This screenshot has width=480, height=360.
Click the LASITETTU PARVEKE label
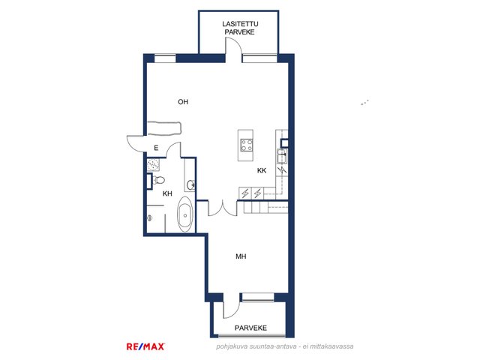pos(240,28)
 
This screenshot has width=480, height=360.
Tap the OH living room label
pos(183,102)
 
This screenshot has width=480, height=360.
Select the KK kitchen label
pos(262,170)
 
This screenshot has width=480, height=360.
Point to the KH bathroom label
pos(167,193)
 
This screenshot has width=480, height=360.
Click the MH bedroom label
pos(241,256)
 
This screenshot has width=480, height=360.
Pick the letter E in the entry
pos(156,148)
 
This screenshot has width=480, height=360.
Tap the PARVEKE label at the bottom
pos(250,328)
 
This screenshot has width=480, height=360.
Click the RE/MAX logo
pos(145,346)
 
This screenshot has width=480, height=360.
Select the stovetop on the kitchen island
pos(246,145)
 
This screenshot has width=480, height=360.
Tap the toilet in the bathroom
pos(159,180)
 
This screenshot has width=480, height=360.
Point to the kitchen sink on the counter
pos(282,156)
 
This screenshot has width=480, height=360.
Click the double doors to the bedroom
pos(223,209)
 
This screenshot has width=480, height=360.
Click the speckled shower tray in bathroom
pos(153,165)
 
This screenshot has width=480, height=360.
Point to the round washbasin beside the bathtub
pos(190,184)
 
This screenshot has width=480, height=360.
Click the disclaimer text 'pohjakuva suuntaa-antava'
pos(256,346)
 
